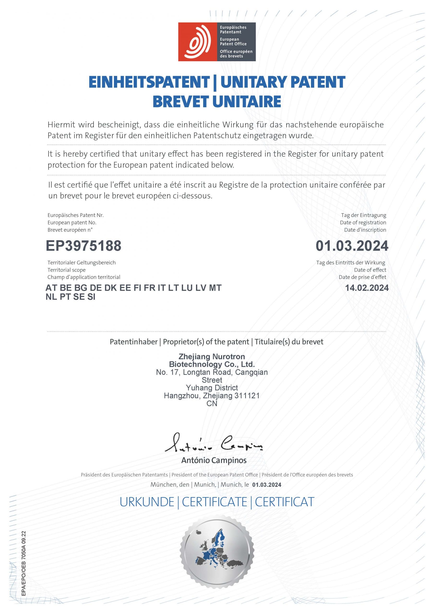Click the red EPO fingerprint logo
coord(197,42)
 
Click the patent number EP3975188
coord(83,246)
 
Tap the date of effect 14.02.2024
coord(367,288)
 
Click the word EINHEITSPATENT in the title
coord(149,82)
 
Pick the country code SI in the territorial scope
coord(91,297)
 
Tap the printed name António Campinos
coord(214,460)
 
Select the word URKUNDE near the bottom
coord(147,502)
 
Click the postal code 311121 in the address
coord(247,396)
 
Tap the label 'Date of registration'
coord(363,223)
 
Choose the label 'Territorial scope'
coord(67,270)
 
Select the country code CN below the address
coord(212,404)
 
